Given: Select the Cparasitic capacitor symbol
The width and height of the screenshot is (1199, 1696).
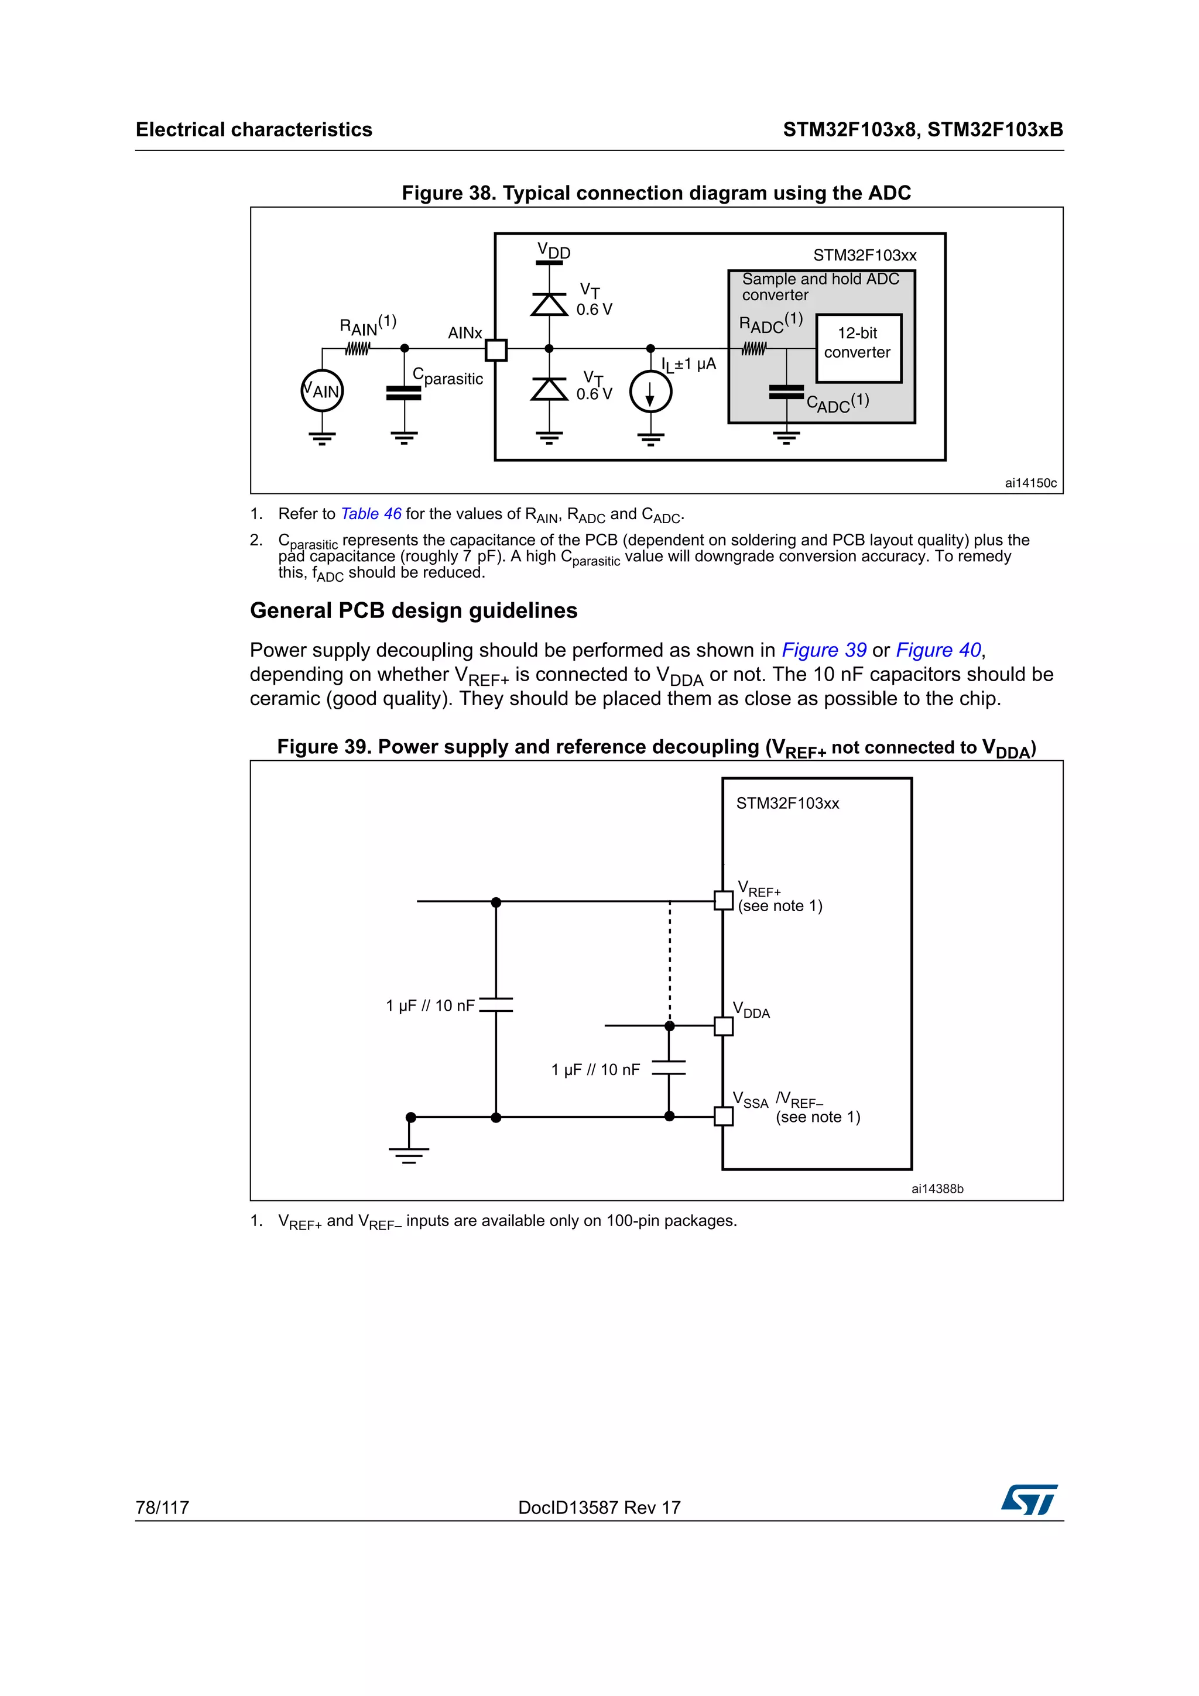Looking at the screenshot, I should [403, 393].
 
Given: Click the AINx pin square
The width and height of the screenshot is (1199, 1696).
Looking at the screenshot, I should [496, 349].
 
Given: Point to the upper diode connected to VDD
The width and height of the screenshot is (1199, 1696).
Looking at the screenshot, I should [549, 304].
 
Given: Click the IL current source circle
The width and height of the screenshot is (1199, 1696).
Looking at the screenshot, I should [650, 392].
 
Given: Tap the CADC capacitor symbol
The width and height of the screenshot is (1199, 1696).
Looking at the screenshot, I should [786, 392].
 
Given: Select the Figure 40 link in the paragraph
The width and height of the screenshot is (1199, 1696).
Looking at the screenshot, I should [938, 650].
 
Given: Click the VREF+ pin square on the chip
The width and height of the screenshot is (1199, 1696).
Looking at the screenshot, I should [723, 901].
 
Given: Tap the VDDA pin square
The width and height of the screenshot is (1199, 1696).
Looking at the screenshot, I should [723, 1026].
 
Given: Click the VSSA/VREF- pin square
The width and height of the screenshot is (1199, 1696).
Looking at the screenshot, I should [723, 1116].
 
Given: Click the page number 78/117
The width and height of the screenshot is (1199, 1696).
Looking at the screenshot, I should [163, 1508].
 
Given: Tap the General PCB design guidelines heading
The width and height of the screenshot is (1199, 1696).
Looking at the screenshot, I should [414, 611].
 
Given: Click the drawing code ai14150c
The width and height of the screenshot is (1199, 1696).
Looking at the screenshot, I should [1030, 483].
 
